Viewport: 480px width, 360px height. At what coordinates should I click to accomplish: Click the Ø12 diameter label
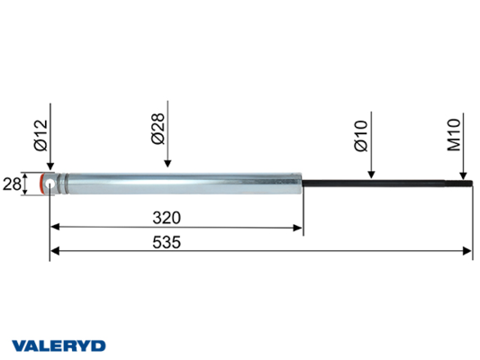tap(41, 135)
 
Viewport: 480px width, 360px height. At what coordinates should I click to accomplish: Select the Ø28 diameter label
tap(158, 129)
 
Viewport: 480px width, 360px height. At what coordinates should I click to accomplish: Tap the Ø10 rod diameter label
tap(361, 136)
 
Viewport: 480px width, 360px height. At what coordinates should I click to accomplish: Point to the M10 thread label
tap(454, 135)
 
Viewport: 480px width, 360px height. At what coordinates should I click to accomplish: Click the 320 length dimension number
tap(167, 218)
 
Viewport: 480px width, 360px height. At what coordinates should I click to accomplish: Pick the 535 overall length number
tap(167, 242)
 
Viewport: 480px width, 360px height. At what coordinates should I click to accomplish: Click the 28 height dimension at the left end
tap(12, 184)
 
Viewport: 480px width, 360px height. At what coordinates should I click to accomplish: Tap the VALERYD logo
tap(59, 346)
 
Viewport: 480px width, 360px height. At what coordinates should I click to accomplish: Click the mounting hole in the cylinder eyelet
tap(50, 184)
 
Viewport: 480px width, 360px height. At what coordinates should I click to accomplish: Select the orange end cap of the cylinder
tap(41, 184)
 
